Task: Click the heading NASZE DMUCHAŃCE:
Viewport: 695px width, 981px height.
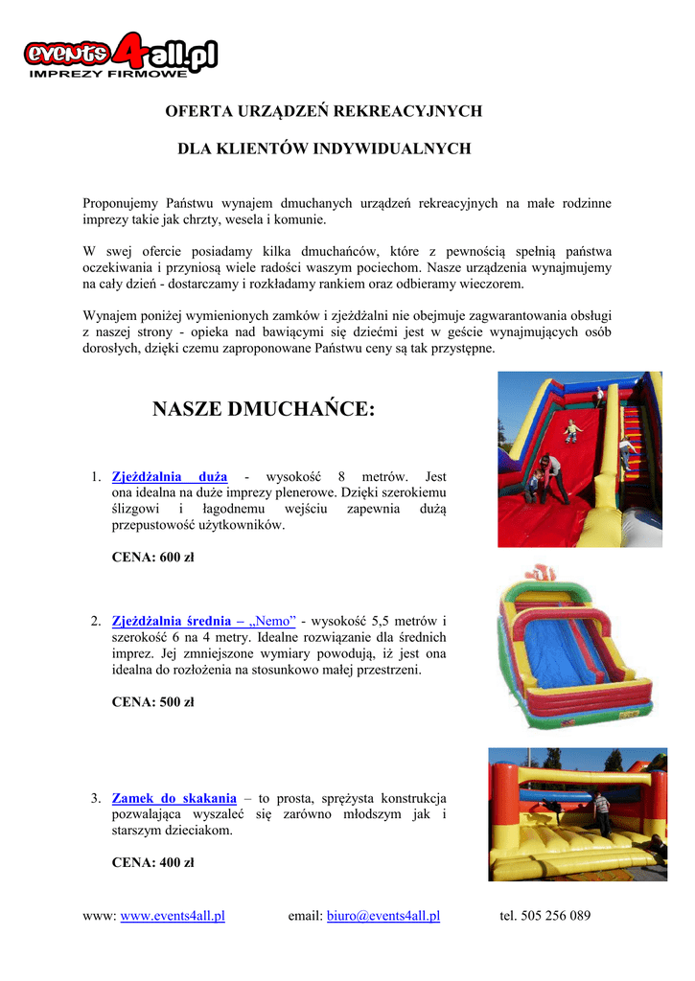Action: [x=264, y=410]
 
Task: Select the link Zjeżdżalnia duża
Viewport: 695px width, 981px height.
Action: [x=170, y=476]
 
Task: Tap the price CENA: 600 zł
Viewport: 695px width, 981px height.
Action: [x=152, y=558]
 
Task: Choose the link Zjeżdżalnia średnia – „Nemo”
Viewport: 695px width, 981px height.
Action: [x=204, y=620]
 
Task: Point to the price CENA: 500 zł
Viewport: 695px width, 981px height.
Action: [x=152, y=701]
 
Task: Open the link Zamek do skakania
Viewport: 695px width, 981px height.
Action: [x=174, y=797]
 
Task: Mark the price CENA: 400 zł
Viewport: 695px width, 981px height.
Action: [x=152, y=862]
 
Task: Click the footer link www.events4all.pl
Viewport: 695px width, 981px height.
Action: [x=173, y=916]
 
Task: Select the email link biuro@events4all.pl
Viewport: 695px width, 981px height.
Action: [x=383, y=916]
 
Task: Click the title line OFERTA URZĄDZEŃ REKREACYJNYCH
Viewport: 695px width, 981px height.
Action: [x=324, y=111]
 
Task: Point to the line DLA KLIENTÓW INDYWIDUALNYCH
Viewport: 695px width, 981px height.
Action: [x=324, y=149]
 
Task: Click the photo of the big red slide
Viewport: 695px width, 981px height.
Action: [x=580, y=459]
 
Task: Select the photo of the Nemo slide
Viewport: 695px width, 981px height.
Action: [x=572, y=651]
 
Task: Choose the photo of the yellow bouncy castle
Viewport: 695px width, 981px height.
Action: [x=577, y=814]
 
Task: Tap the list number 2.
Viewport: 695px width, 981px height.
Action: [x=95, y=620]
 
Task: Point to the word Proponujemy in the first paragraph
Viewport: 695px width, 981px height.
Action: [x=121, y=203]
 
